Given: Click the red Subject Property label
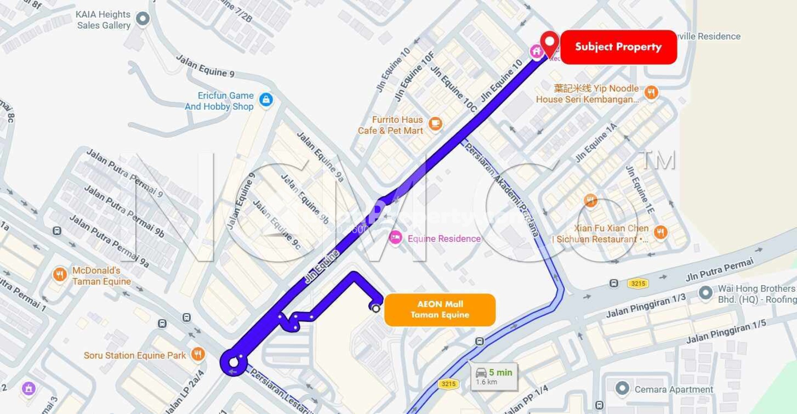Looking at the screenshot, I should click(x=618, y=47).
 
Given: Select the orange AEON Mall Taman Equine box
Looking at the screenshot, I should click(x=440, y=310).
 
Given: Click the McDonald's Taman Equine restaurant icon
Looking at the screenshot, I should click(x=60, y=275).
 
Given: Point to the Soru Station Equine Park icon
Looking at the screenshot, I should click(x=198, y=354).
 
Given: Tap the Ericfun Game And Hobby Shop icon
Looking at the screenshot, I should click(x=266, y=100).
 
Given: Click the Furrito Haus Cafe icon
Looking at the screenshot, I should click(x=435, y=124).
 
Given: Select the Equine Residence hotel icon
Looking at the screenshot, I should click(x=395, y=237).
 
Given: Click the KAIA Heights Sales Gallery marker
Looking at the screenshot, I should click(x=143, y=18).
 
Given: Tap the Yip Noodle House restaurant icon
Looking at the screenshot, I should click(x=651, y=92).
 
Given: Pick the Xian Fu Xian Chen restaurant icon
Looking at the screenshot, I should click(x=660, y=233).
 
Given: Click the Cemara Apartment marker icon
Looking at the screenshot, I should click(x=622, y=388).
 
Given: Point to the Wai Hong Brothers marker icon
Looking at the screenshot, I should click(x=705, y=292).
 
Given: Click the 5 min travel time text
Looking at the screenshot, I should click(x=500, y=372).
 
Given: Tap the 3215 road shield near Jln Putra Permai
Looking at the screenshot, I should click(x=638, y=284).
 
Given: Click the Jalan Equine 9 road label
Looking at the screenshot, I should click(x=205, y=66).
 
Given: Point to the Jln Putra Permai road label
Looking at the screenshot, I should click(x=719, y=270).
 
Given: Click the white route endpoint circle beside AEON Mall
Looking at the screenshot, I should click(x=376, y=309).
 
